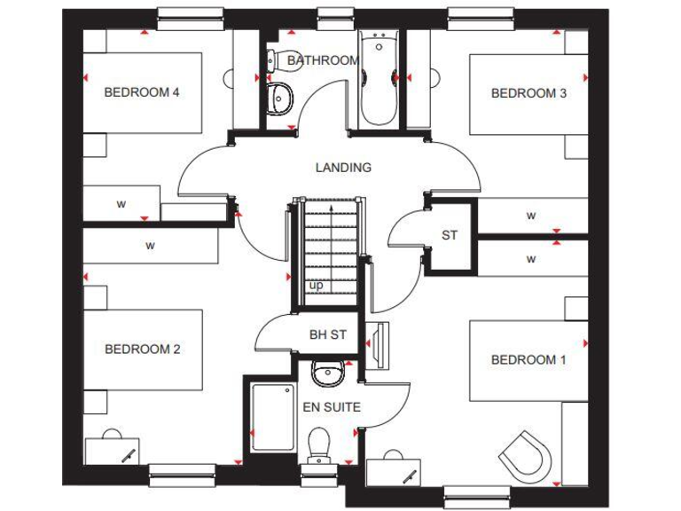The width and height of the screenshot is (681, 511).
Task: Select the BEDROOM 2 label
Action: (142, 349)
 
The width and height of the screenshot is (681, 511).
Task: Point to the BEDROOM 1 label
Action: (528, 359)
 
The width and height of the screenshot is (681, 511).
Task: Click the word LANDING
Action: (343, 167)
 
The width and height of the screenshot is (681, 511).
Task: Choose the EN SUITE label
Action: (332, 407)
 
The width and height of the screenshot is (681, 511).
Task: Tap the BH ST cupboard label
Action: (327, 335)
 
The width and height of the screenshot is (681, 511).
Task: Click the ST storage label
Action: (450, 235)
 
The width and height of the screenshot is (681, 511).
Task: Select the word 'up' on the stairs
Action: (316, 285)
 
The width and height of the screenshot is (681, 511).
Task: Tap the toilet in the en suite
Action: (317, 444)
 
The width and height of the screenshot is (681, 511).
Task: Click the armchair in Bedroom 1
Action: (527, 454)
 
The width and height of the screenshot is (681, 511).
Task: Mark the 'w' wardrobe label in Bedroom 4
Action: (121, 203)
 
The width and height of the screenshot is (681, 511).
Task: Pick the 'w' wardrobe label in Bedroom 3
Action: (530, 216)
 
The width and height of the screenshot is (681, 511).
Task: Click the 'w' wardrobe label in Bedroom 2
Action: (150, 244)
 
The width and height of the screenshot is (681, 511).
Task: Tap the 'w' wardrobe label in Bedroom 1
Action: (530, 259)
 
